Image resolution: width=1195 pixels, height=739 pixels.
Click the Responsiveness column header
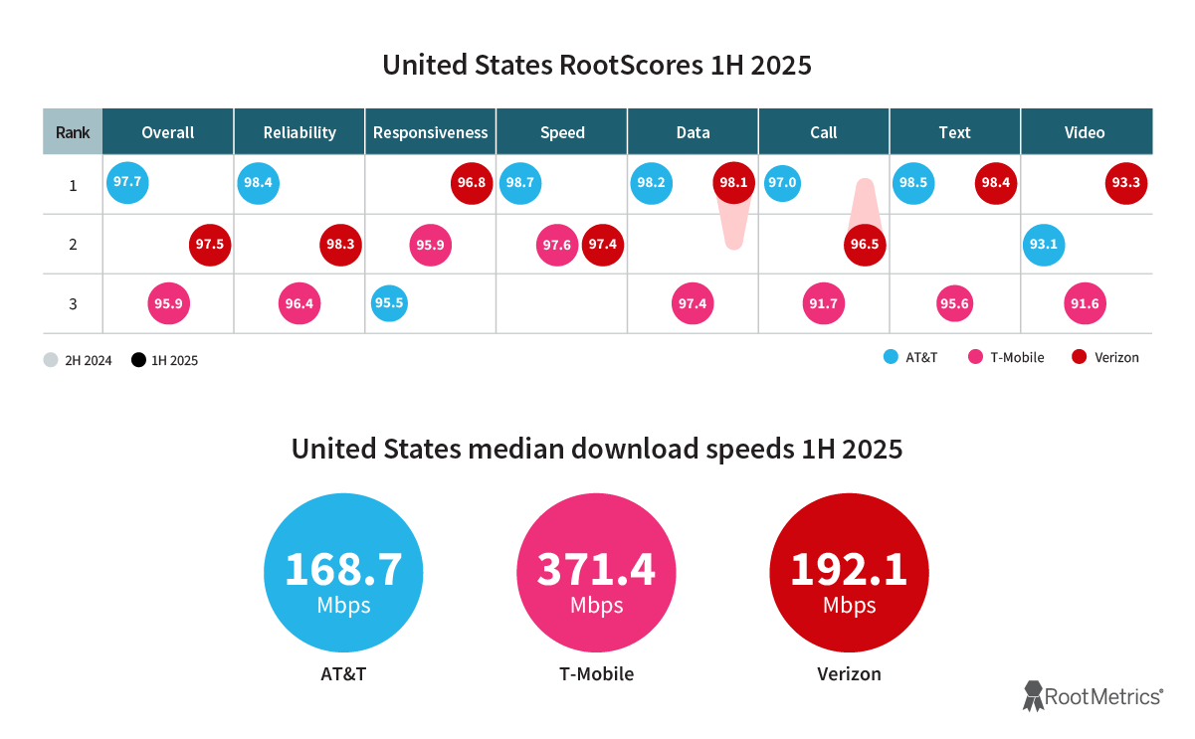click(431, 132)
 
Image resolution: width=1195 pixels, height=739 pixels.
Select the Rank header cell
click(73, 132)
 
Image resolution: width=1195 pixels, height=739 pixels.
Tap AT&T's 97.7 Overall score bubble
click(127, 183)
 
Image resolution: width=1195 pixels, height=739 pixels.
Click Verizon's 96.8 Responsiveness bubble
click(472, 184)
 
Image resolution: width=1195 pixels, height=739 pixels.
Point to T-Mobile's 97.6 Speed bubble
click(557, 245)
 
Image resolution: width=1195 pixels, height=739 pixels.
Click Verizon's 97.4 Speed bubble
click(602, 245)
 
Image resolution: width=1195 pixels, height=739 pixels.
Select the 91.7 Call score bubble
click(823, 304)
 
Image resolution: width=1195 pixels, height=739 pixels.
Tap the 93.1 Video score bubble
click(1043, 245)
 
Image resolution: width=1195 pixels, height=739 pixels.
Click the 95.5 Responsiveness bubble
click(389, 303)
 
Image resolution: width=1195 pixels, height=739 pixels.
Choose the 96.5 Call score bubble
click(865, 245)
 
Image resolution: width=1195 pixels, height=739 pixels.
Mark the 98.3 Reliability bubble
click(340, 245)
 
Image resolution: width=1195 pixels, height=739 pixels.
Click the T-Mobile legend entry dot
click(975, 357)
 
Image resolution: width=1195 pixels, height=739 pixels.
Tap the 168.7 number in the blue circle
click(343, 569)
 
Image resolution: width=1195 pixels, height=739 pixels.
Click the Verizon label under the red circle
click(849, 674)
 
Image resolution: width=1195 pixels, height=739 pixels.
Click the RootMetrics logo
click(1093, 696)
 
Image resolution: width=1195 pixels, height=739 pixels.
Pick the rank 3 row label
click(73, 304)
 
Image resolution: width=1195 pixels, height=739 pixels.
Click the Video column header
click(1085, 132)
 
